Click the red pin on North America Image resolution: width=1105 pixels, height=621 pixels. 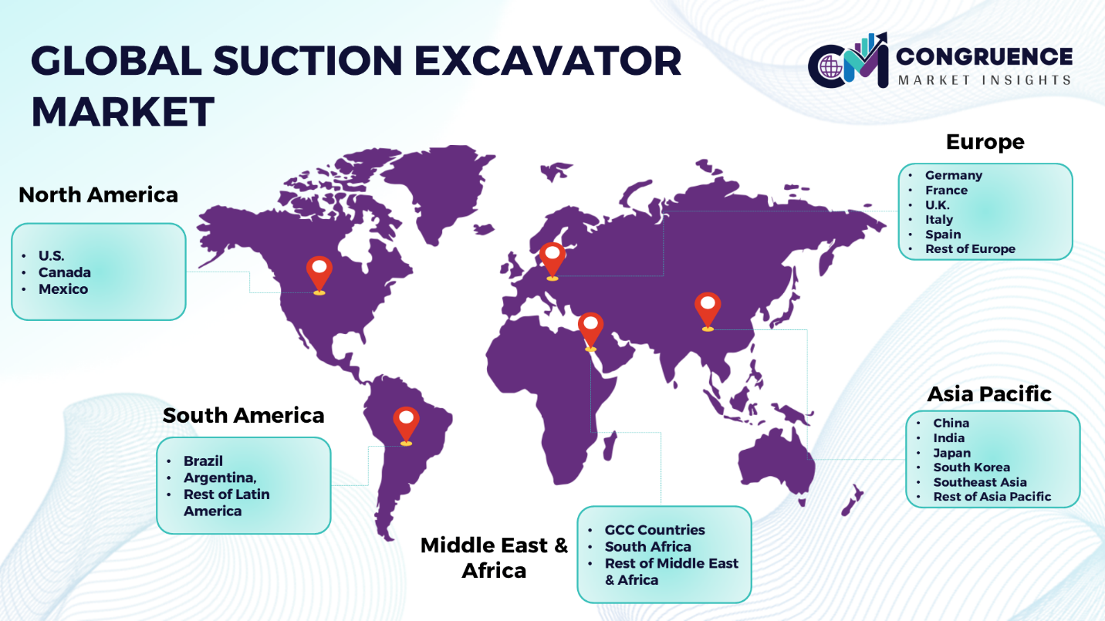click(319, 275)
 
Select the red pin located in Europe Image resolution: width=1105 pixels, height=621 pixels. click(552, 261)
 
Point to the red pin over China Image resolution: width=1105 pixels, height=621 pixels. click(708, 311)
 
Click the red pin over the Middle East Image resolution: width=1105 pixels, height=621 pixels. click(590, 331)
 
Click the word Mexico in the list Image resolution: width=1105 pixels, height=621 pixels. click(63, 289)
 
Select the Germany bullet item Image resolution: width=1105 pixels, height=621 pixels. click(954, 175)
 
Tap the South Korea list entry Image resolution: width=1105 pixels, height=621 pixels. click(972, 467)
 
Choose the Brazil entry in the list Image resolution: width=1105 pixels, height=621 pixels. click(203, 461)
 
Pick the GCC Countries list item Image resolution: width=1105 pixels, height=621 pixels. click(654, 530)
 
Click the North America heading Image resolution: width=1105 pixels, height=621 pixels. click(98, 195)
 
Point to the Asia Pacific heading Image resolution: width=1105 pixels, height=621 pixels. click(989, 394)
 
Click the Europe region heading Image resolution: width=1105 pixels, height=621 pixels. click(985, 142)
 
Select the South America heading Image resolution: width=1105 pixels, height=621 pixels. click(243, 415)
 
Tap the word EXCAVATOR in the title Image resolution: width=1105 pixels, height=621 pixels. click(548, 61)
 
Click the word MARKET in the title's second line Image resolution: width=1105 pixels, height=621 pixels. click(123, 112)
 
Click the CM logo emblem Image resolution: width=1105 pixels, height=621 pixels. click(848, 62)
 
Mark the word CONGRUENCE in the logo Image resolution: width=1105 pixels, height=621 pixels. click(984, 56)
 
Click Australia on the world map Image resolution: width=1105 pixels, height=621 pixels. click(776, 466)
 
